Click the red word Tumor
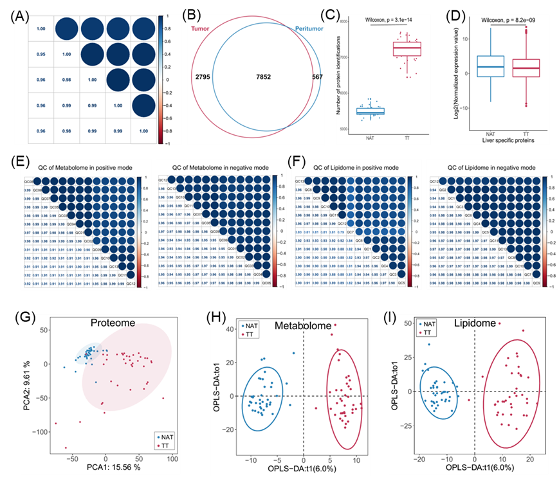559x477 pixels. coord(201,30)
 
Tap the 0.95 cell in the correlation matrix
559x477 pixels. coord(40,53)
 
